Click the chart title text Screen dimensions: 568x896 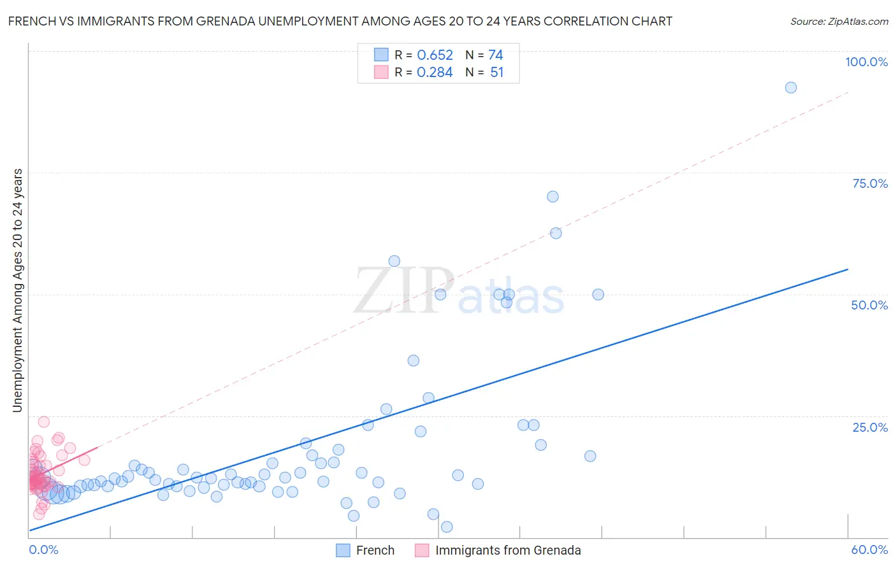(340, 22)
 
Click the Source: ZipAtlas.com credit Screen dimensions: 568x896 (839, 22)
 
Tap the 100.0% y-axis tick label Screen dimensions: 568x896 (866, 62)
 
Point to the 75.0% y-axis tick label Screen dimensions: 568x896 (870, 183)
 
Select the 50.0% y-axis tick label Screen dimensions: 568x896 (869, 305)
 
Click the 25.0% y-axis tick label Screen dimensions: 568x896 (870, 427)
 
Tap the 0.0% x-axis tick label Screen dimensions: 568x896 (43, 550)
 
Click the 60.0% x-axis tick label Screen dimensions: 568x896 (869, 550)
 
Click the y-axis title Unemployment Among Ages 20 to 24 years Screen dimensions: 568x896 (18, 290)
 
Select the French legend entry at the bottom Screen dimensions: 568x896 (366, 550)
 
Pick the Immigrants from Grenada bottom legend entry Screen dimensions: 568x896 (498, 550)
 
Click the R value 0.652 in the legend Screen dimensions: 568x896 (435, 55)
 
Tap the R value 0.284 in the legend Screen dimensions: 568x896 (435, 73)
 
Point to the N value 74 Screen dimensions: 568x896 (496, 55)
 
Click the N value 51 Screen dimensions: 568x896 (496, 73)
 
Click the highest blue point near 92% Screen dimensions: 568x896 (791, 88)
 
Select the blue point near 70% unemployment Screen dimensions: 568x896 (553, 197)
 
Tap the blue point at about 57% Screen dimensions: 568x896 (394, 261)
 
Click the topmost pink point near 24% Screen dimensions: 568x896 (44, 422)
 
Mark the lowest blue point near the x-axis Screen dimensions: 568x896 (447, 527)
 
